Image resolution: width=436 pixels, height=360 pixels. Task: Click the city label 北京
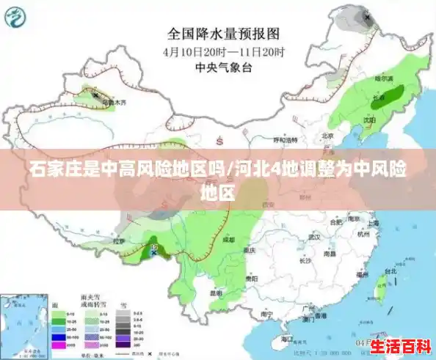pyautogui.click(x=327, y=135)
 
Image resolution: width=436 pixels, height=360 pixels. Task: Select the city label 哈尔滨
pyautogui.click(x=385, y=77)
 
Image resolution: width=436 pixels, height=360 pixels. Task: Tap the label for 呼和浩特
pyautogui.click(x=284, y=139)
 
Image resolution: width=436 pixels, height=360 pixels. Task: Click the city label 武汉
pyautogui.click(x=315, y=236)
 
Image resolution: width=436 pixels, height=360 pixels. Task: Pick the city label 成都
pyautogui.click(x=230, y=240)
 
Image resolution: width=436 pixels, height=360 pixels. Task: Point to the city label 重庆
pyautogui.click(x=250, y=250)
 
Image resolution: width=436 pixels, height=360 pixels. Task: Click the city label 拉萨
pyautogui.click(x=119, y=240)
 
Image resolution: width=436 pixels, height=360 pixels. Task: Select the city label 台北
pyautogui.click(x=390, y=271)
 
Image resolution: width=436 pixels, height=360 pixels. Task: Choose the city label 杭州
pyautogui.click(x=363, y=235)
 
